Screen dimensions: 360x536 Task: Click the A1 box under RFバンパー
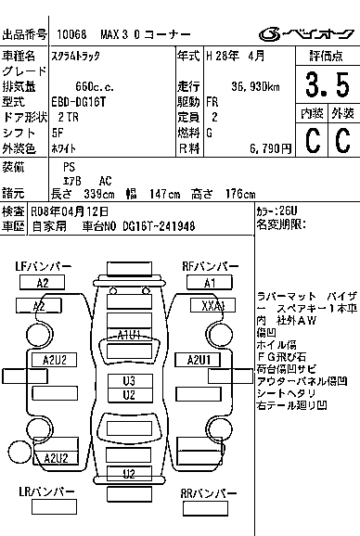(209, 283)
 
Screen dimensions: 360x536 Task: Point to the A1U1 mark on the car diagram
(128, 334)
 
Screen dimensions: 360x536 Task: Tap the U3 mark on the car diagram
(129, 380)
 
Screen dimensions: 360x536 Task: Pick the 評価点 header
(327, 56)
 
